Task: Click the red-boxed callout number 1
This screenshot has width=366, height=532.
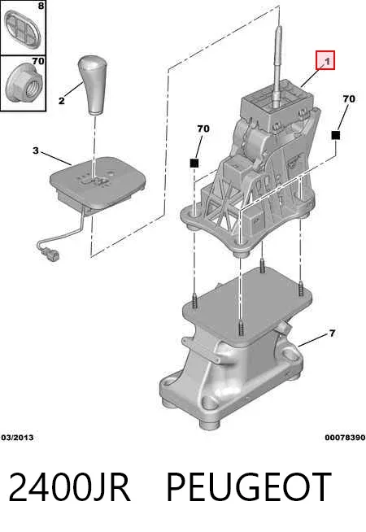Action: (327, 61)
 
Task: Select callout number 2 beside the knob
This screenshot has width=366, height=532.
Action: (61, 100)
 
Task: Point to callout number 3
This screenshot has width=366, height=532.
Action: (36, 150)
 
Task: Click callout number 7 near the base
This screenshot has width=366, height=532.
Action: (332, 334)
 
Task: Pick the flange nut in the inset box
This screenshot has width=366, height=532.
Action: (24, 84)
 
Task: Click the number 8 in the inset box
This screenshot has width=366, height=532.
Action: (41, 6)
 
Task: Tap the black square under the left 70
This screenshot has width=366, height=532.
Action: (194, 164)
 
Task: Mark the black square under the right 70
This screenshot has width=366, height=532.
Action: (335, 135)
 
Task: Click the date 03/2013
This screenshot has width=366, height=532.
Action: (17, 438)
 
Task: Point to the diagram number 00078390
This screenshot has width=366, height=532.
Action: (345, 438)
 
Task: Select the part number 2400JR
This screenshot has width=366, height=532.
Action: (69, 487)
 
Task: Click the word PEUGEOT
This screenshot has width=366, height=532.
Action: (249, 487)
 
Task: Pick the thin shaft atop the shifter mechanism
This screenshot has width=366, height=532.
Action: (277, 64)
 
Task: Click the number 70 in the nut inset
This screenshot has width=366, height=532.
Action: (38, 61)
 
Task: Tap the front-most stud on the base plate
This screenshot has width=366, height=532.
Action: (241, 327)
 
